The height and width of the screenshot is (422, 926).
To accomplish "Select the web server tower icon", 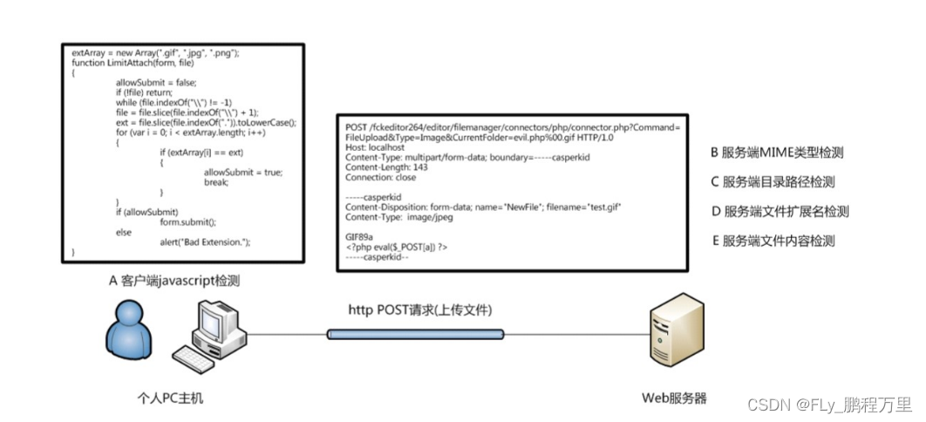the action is pyautogui.click(x=672, y=337).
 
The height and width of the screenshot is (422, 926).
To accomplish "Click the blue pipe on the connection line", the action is pyautogui.click(x=415, y=334).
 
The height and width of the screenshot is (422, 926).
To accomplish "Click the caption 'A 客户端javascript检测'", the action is pyautogui.click(x=174, y=280).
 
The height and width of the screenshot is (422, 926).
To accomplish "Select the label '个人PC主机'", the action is pyautogui.click(x=165, y=398).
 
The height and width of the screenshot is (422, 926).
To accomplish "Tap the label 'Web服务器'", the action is pyautogui.click(x=674, y=398).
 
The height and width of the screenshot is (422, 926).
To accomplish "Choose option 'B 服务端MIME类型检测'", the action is pyautogui.click(x=777, y=153).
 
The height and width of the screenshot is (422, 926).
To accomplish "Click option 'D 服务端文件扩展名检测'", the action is pyautogui.click(x=780, y=211).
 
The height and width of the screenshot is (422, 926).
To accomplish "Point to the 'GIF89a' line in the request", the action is pyautogui.click(x=359, y=236).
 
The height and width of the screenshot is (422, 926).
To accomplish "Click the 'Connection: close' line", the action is pyautogui.click(x=381, y=177).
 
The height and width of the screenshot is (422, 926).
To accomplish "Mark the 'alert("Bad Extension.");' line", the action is pyautogui.click(x=205, y=242).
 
